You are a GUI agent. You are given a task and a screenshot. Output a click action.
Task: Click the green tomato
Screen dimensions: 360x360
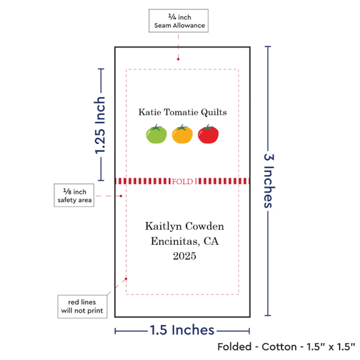tap(156, 134)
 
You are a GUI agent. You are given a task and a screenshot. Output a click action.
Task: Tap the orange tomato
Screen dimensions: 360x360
tap(183, 134)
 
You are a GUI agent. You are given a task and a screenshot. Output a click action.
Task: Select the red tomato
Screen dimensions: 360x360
tap(208, 134)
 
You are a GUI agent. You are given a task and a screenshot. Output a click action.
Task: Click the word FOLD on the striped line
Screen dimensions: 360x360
tap(183, 181)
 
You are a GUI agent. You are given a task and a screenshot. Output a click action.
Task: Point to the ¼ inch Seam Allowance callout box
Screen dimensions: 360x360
tap(179, 21)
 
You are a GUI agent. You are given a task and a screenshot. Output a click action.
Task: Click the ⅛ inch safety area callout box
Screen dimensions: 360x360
tap(74, 195)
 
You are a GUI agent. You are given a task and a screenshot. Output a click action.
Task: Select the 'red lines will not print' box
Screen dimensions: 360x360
tap(82, 306)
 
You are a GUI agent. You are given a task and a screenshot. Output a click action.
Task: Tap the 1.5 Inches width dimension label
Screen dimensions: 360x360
tap(182, 330)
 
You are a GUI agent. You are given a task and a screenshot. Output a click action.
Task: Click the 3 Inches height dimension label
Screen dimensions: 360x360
tap(269, 181)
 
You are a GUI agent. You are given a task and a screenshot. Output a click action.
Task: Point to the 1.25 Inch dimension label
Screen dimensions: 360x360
tap(100, 125)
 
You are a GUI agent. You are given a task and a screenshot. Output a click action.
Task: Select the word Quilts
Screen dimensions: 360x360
tap(214, 113)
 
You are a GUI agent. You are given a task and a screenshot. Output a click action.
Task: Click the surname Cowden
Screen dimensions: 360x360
tap(205, 226)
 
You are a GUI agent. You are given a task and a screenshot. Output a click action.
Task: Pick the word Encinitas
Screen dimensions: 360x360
tap(175, 242)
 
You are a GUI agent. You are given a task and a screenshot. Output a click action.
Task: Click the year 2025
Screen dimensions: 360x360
tap(185, 256)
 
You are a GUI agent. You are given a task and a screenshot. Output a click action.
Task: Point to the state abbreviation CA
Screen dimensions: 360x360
tap(211, 241)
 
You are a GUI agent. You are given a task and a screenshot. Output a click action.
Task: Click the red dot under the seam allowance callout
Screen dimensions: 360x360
tap(178, 59)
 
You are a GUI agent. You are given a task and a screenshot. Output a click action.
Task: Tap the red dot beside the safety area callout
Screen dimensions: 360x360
tap(121, 196)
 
